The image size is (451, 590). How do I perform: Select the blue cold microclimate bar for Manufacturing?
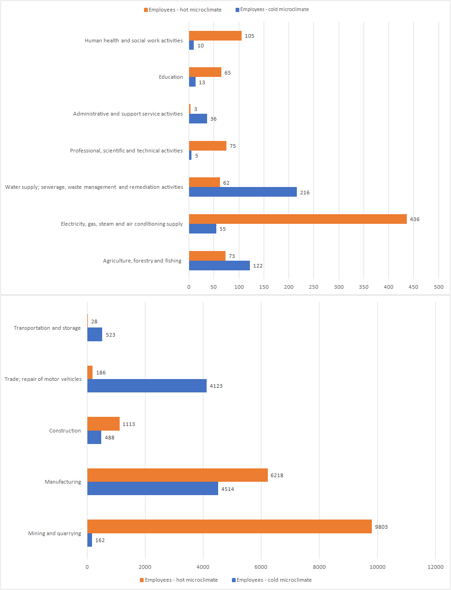point(152,489)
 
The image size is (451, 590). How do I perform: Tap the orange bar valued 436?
point(298,219)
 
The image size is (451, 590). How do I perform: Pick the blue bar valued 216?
point(243,192)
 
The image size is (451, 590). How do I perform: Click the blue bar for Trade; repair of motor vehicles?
point(147,386)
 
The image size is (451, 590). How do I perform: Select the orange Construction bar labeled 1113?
point(103,424)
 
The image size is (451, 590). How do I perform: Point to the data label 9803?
point(381,527)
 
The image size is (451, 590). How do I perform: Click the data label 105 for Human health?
point(249,36)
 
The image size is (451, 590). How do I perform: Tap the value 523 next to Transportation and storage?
point(110,335)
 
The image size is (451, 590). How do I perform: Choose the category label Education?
point(171,77)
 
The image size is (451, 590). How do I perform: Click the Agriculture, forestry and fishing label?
point(142,261)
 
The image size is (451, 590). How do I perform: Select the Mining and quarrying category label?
point(54,533)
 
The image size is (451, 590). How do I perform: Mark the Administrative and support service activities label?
point(128,114)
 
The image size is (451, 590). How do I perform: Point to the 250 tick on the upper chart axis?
point(313,287)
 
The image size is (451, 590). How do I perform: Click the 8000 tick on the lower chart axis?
point(319,567)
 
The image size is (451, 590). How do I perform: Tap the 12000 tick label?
point(435,567)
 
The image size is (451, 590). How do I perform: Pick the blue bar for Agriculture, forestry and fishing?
point(219,266)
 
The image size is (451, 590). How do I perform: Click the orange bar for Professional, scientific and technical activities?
point(208,146)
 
